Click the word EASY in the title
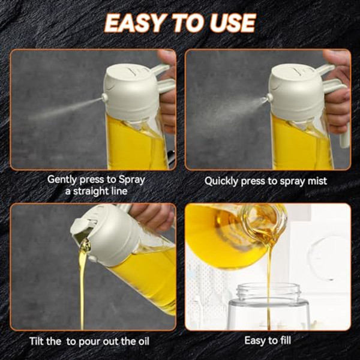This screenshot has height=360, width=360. click(x=133, y=23)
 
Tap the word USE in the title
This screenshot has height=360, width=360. click(x=232, y=23)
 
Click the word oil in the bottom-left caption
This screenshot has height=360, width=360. click(x=142, y=341)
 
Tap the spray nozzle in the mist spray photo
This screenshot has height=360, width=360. click(x=269, y=97)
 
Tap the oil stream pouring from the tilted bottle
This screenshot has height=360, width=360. click(x=83, y=282)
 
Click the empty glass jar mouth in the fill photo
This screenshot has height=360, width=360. click(x=267, y=291)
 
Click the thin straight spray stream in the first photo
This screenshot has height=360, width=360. click(x=66, y=108)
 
